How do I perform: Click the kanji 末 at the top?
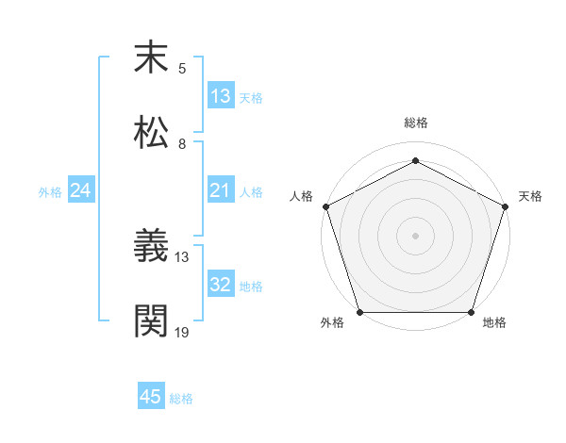[152, 57]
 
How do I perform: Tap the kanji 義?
[152, 247]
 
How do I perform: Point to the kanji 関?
[152, 320]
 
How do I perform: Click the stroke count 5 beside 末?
[182, 69]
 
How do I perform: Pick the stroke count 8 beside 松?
[182, 143]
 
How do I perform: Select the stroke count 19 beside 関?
[182, 332]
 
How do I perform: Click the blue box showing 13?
[221, 96]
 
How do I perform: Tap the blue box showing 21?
[221, 191]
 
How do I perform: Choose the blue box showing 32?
[221, 286]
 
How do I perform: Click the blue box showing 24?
[81, 191]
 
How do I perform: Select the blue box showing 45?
[151, 397]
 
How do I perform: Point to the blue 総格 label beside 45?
[181, 399]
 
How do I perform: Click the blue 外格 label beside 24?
[50, 192]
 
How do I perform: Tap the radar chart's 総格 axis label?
[415, 123]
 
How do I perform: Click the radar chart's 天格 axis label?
[531, 196]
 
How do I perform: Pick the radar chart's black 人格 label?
[301, 196]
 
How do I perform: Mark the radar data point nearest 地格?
[472, 312]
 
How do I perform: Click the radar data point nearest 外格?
[359, 312]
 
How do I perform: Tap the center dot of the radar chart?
[415, 235]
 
